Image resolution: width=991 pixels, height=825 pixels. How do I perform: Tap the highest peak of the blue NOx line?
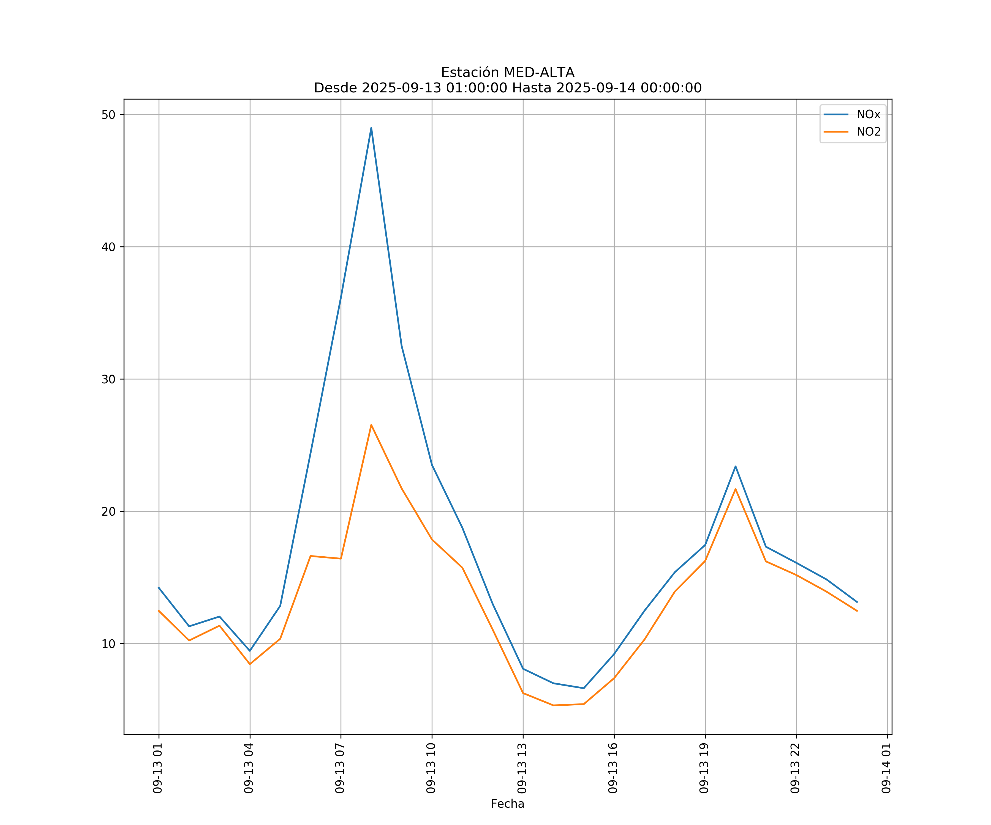tap(371, 128)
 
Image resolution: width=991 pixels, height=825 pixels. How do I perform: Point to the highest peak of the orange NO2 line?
tap(371, 425)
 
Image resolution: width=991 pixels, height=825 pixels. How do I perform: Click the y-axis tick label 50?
tap(108, 115)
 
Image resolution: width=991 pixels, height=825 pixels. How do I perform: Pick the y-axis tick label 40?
tap(108, 247)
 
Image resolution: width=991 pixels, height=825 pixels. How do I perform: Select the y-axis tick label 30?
tap(108, 379)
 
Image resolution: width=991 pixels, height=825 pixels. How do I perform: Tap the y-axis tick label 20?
tap(108, 512)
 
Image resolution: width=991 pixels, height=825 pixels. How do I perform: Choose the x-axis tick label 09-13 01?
tap(158, 768)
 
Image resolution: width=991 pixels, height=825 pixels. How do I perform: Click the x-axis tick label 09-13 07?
tap(340, 768)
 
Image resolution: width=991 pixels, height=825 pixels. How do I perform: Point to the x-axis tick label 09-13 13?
tap(522, 768)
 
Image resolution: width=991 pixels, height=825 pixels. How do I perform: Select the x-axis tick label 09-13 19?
tap(704, 768)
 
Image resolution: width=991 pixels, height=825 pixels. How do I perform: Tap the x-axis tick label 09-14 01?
tap(886, 768)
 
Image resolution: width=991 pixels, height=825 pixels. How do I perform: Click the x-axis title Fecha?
tap(507, 804)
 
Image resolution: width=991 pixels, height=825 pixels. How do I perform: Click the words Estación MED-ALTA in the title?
tap(507, 73)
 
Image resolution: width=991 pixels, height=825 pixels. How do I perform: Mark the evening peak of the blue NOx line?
tap(735, 466)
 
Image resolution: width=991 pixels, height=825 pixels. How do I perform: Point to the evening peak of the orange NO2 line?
tap(735, 489)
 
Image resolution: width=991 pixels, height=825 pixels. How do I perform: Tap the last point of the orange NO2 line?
tap(857, 611)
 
